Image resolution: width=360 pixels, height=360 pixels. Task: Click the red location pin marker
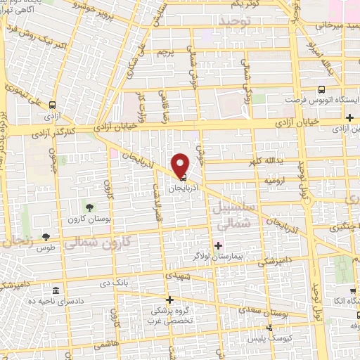[x=181, y=165]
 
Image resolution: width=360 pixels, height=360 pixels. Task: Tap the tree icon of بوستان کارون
[x=90, y=207]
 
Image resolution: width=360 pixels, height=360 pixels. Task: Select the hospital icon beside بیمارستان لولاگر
[x=218, y=245]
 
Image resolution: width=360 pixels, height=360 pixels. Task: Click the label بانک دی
[x=116, y=283]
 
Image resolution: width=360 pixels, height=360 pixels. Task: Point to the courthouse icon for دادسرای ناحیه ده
[x=56, y=290]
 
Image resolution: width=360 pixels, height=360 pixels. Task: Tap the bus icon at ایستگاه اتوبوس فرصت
[x=321, y=89]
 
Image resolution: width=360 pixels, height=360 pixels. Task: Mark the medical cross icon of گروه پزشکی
[x=169, y=300]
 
